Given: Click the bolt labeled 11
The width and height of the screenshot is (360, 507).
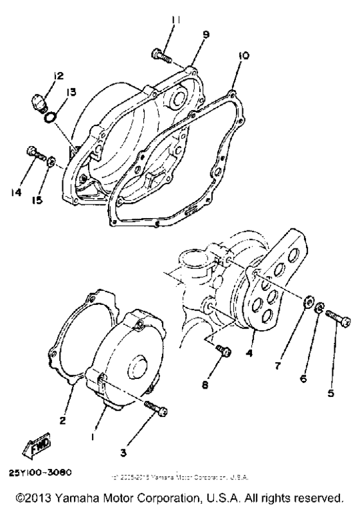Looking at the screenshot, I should pos(161,55).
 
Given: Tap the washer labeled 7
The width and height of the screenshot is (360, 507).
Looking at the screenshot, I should pos(308,300).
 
